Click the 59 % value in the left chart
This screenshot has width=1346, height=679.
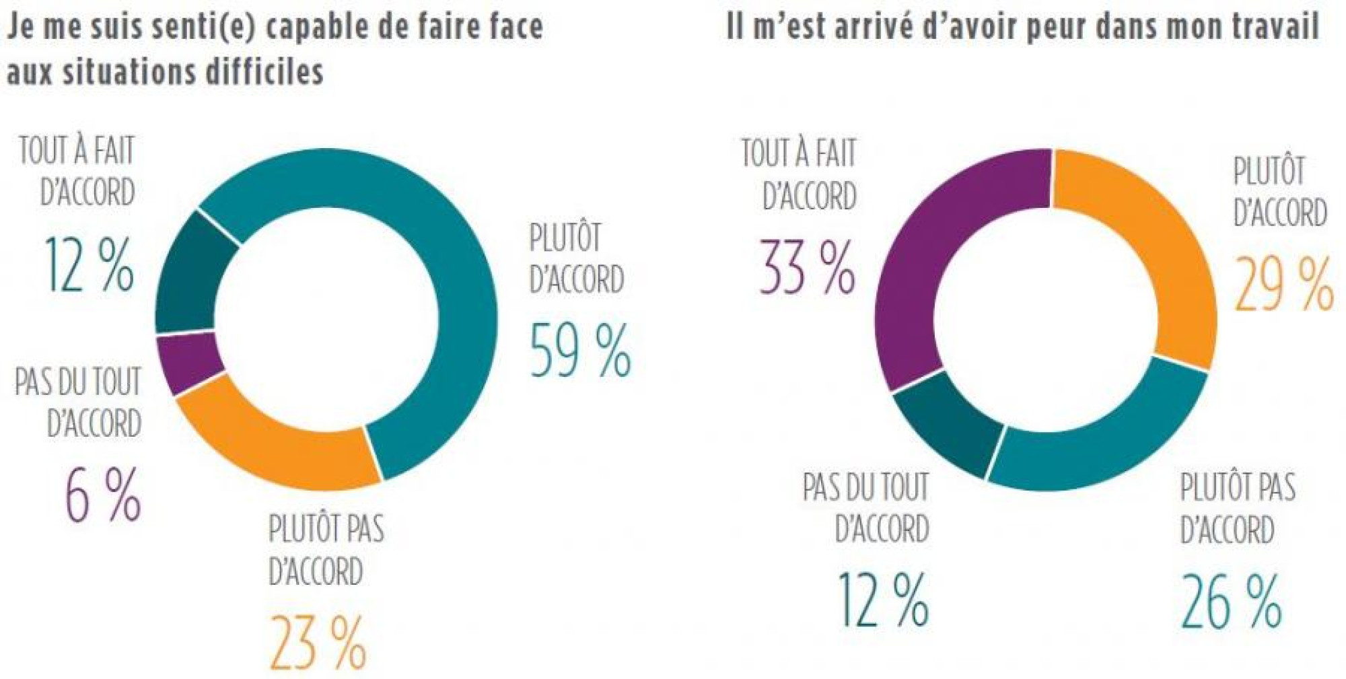pyautogui.click(x=580, y=351)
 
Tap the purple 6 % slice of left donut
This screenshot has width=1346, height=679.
pyautogui.click(x=188, y=363)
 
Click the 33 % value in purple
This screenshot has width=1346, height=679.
pyautogui.click(x=807, y=268)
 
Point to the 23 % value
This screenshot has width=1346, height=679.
pyautogui.click(x=318, y=643)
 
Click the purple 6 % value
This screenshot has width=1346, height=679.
pyautogui.click(x=103, y=495)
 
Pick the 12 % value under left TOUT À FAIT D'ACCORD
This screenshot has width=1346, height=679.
pyautogui.click(x=89, y=264)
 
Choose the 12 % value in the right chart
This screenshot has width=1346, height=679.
pyautogui.click(x=882, y=600)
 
